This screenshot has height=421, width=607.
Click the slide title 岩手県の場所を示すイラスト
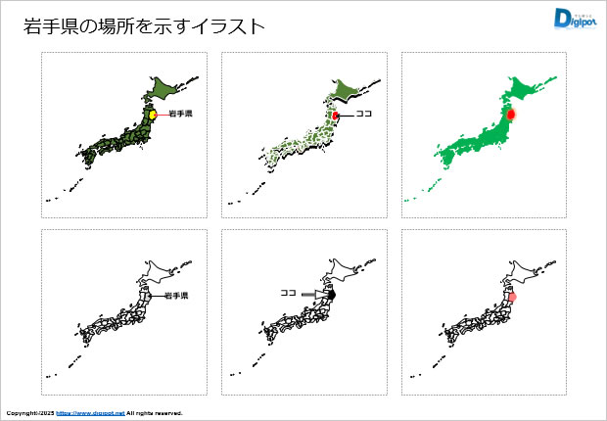(x=143, y=26)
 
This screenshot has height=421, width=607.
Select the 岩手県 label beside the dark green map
(x=180, y=115)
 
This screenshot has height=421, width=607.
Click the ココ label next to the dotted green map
(x=364, y=115)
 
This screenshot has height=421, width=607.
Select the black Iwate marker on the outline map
(x=333, y=294)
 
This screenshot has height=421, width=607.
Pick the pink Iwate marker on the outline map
(x=512, y=295)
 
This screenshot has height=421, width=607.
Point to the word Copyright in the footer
(x=23, y=413)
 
